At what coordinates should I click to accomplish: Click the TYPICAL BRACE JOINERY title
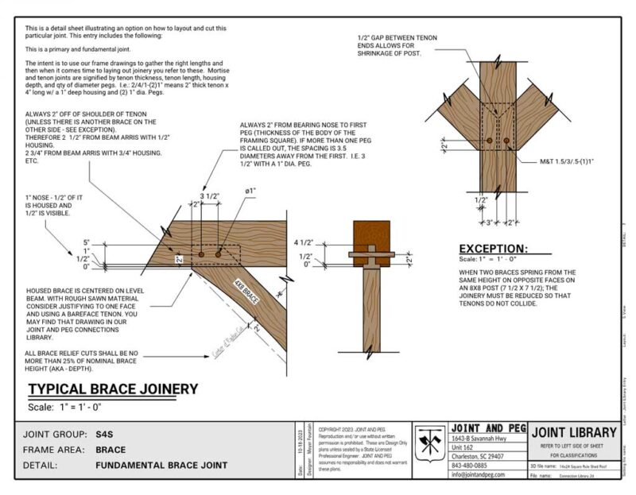coord(114,389)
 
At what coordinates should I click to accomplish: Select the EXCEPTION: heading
coord(493,249)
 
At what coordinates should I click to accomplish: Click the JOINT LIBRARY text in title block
coord(573,432)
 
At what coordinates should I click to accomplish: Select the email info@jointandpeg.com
coord(486,474)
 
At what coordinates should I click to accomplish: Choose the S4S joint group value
coord(106,435)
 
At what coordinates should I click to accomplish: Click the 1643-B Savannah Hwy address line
coord(484,439)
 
